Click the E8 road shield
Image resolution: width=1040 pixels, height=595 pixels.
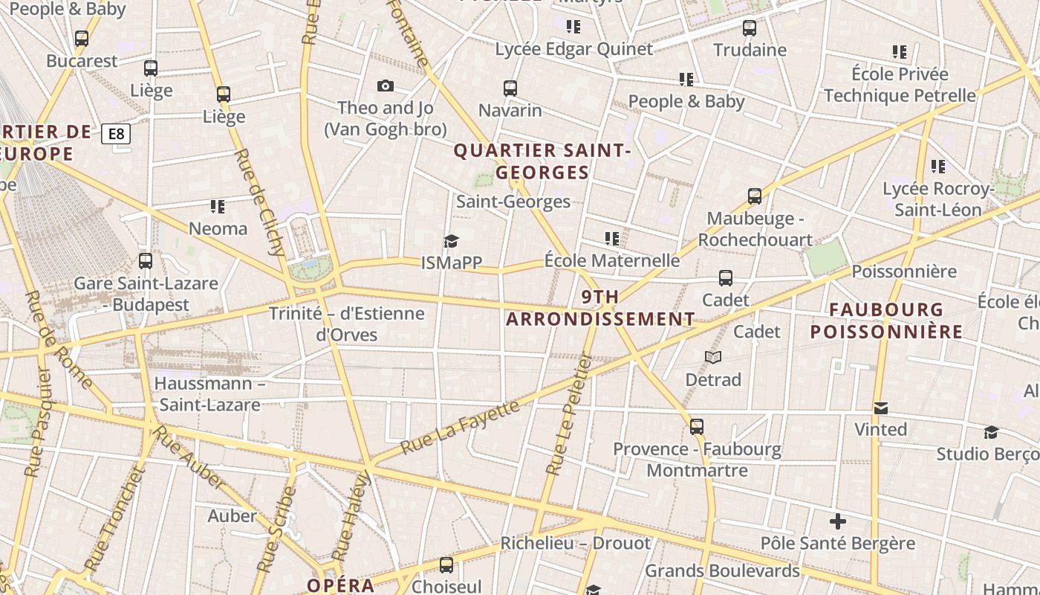(x=117, y=134)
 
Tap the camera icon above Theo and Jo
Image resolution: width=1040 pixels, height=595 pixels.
(x=385, y=86)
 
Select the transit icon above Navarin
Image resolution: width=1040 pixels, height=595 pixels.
(x=510, y=89)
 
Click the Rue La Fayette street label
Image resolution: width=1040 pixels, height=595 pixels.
(x=460, y=427)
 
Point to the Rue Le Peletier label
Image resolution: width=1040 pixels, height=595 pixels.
(x=568, y=414)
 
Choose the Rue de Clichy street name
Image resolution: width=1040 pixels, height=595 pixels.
(x=260, y=202)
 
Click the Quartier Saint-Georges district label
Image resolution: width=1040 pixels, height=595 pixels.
(x=542, y=161)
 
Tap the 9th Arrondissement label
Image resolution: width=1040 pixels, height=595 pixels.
(x=600, y=308)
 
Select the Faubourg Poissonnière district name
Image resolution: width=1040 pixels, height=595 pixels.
(x=886, y=321)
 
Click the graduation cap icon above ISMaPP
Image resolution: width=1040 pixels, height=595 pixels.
(x=451, y=241)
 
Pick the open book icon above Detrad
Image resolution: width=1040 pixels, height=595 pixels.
(x=713, y=358)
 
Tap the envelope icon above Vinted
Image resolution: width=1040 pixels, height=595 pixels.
(x=881, y=408)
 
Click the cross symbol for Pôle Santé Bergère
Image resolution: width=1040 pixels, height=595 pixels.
(x=838, y=521)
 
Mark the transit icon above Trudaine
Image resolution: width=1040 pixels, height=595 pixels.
(x=750, y=28)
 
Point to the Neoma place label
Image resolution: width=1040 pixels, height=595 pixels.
(x=218, y=228)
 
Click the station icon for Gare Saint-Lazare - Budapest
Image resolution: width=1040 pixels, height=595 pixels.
(x=146, y=261)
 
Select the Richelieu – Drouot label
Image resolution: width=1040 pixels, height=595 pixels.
(x=575, y=543)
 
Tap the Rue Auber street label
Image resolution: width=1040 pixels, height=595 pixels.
(x=191, y=462)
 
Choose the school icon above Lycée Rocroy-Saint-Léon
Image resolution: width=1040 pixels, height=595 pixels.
(x=938, y=167)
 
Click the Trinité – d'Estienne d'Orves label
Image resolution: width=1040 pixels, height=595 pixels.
(x=347, y=324)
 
